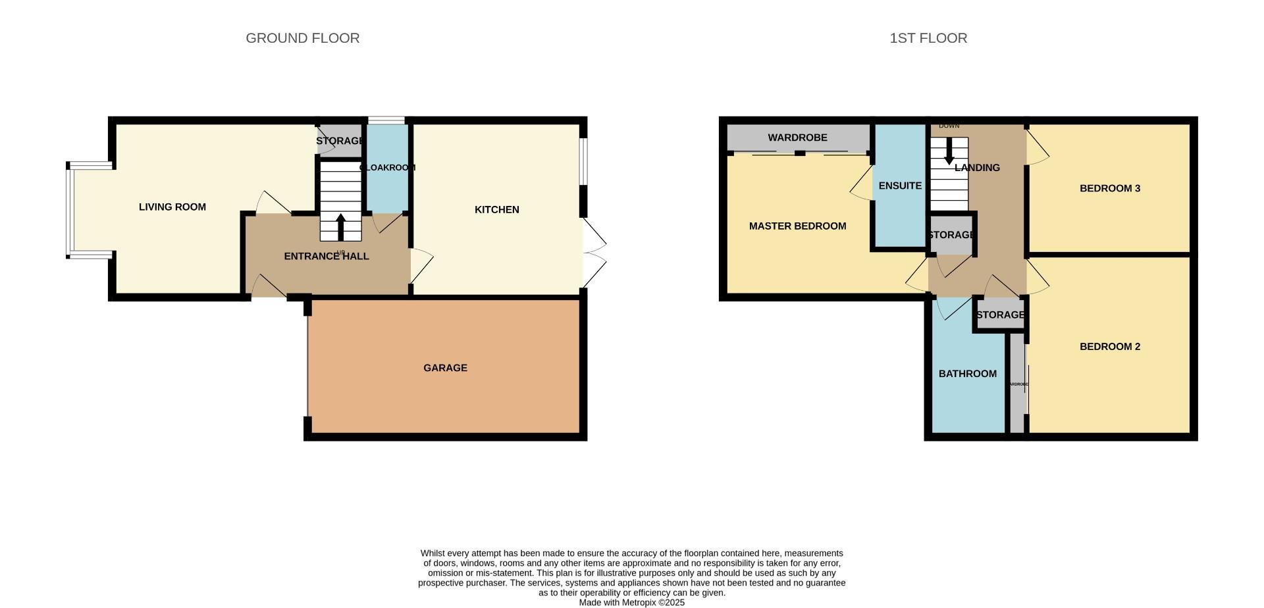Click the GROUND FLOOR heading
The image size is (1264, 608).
[x=302, y=38]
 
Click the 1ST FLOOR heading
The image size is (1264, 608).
[x=928, y=38]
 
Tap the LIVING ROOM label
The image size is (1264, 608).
[x=172, y=207]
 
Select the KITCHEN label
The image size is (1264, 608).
[x=497, y=209]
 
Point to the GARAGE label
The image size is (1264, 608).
[x=445, y=368]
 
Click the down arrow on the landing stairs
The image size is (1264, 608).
[x=949, y=151]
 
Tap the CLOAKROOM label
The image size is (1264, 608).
[x=388, y=168]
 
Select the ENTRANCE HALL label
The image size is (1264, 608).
[x=327, y=256]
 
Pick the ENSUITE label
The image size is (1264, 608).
[x=899, y=186]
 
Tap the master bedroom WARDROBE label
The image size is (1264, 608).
[x=797, y=138]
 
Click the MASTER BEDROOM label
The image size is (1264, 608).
[x=797, y=226]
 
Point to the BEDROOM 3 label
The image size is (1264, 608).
[x=1109, y=188]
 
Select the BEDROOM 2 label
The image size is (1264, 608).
[x=1109, y=347]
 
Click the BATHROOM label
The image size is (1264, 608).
[x=967, y=374]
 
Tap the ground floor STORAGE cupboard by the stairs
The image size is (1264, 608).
[x=339, y=141]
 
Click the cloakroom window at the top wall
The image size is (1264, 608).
[x=386, y=120]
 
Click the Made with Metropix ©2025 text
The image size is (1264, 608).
[x=631, y=602]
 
